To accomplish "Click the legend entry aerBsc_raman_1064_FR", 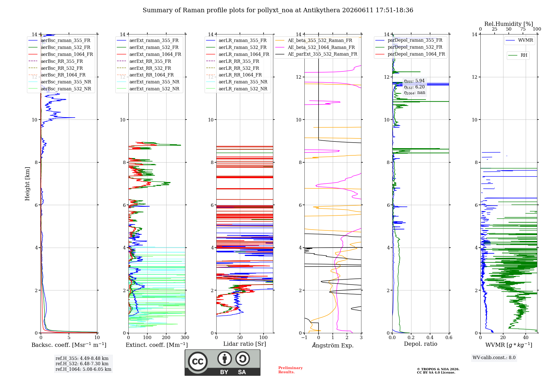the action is coord(67,54).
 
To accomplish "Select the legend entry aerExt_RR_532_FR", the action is coord(150,68).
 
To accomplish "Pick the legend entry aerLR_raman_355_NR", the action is coord(243,82).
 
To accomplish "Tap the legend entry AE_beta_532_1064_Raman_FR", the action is coord(321,47).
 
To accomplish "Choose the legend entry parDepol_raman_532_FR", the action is coord(415,47).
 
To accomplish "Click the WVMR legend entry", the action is coord(525,40).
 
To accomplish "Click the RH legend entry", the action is coord(524,55).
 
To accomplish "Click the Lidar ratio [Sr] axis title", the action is coord(245,344).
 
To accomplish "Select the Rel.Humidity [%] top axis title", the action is coord(509,24).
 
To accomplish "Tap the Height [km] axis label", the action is coord(27,184).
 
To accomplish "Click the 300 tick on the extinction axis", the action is coord(185,337).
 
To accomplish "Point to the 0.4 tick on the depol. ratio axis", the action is coord(430,337).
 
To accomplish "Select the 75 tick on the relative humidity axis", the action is coord(523,29).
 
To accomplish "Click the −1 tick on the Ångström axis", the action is coord(304,337).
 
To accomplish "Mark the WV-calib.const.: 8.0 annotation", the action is coord(494,358).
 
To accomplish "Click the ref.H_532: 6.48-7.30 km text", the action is coord(82,364).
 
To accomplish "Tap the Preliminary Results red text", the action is coord(291,370).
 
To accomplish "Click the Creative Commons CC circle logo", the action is coord(198,362).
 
